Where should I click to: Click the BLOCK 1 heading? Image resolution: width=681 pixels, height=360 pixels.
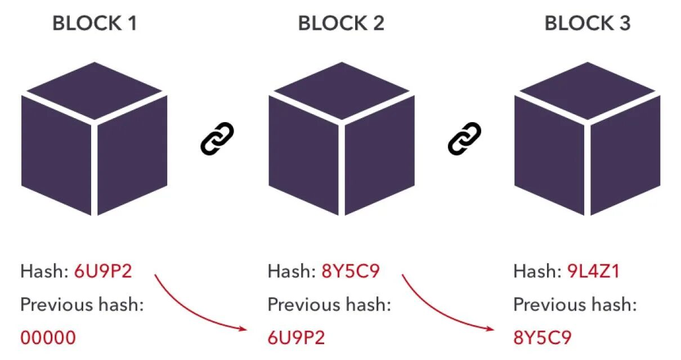[95, 24]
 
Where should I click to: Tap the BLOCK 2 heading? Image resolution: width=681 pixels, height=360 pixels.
[341, 24]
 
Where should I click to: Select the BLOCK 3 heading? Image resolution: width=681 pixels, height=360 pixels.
[588, 24]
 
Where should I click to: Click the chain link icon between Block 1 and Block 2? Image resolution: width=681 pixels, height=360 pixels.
[217, 139]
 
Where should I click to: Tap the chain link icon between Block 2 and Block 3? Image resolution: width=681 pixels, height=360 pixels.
[464, 139]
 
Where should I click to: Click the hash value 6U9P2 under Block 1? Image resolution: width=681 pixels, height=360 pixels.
[103, 272]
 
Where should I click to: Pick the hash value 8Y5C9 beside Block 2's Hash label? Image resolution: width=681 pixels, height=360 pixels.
[351, 272]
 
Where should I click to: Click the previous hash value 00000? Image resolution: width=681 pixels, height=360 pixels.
[48, 337]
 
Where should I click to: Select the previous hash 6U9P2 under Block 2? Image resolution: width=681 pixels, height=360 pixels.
[296, 337]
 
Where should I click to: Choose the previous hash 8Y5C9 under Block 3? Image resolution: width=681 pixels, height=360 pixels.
[543, 337]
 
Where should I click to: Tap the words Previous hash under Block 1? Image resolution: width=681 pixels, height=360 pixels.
[82, 305]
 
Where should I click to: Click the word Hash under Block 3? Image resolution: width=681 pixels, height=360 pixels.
[535, 272]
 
